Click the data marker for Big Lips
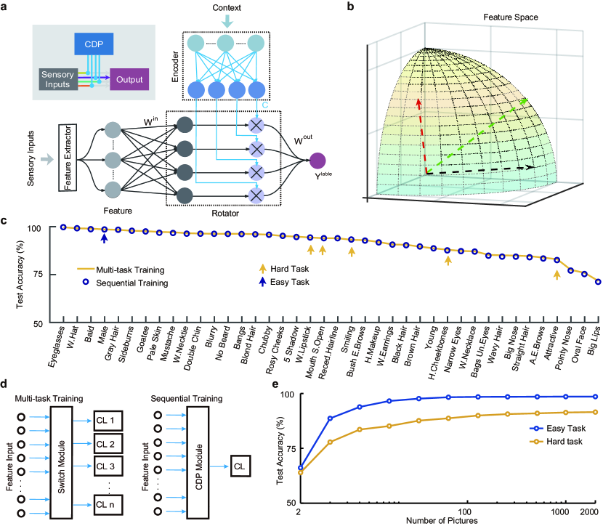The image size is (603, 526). [599, 281]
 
